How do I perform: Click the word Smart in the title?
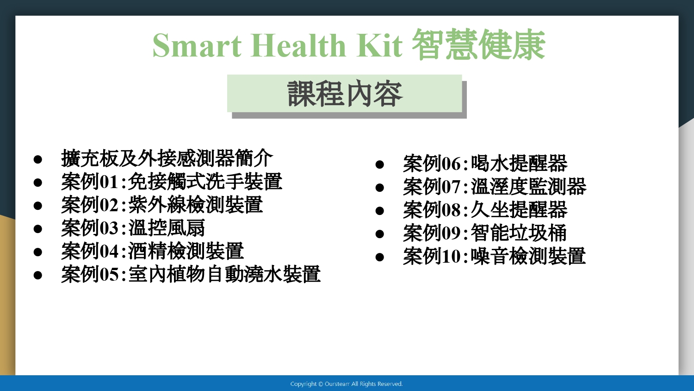point(197,45)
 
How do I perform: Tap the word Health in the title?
point(298,45)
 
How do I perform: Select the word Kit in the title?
point(379,45)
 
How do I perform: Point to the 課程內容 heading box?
point(345,94)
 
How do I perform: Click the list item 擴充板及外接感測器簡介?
point(167,158)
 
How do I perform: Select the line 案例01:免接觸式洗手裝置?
point(172,182)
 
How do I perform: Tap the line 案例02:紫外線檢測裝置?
point(162,205)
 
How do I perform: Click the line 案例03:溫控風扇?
point(133,228)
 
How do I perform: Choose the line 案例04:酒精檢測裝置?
point(152,251)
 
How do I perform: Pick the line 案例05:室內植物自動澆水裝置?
point(191,274)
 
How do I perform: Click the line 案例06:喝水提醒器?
point(485,163)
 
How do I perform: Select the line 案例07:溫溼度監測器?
point(495,187)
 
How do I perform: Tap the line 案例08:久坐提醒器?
point(485,210)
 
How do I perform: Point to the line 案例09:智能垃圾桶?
point(485,233)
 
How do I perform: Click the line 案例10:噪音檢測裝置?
point(495,256)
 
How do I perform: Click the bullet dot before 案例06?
point(379,164)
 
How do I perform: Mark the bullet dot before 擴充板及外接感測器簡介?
point(38,159)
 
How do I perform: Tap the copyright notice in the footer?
point(347,384)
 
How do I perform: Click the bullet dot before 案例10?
point(379,257)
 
